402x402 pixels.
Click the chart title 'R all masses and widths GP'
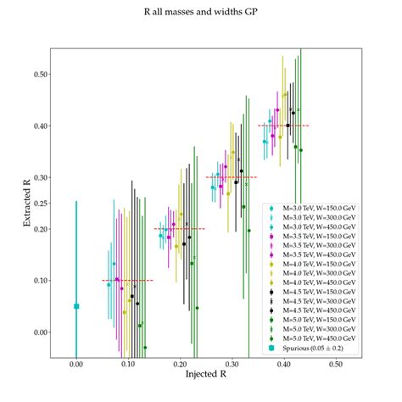(x=201, y=14)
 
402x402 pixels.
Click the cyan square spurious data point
(x=76, y=306)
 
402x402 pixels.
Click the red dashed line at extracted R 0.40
(x=283, y=126)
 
